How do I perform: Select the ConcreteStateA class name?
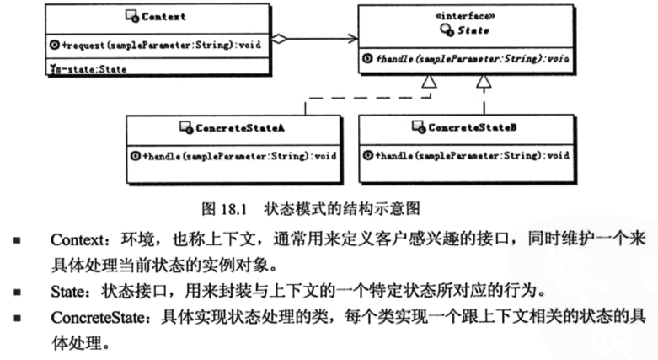[233, 128]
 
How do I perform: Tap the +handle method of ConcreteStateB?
[467, 156]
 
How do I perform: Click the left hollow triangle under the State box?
[431, 82]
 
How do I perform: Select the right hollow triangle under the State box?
[484, 82]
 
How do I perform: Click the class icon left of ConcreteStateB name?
[416, 128]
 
